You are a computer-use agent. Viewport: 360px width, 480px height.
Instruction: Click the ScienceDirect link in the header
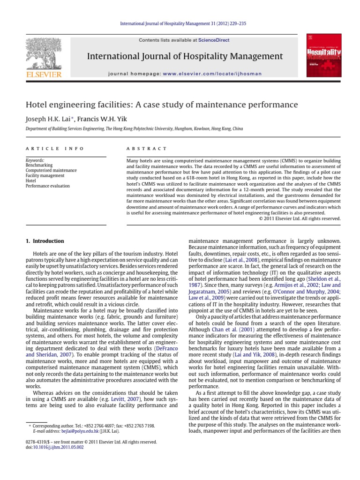coord(213,40)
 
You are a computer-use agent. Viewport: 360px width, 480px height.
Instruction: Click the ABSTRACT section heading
coord(147,149)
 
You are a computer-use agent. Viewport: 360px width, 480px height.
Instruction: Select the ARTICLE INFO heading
coord(54,149)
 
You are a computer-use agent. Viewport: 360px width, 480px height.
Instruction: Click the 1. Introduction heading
coord(45,241)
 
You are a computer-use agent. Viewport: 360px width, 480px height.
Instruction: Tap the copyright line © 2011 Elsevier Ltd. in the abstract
coord(300,218)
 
